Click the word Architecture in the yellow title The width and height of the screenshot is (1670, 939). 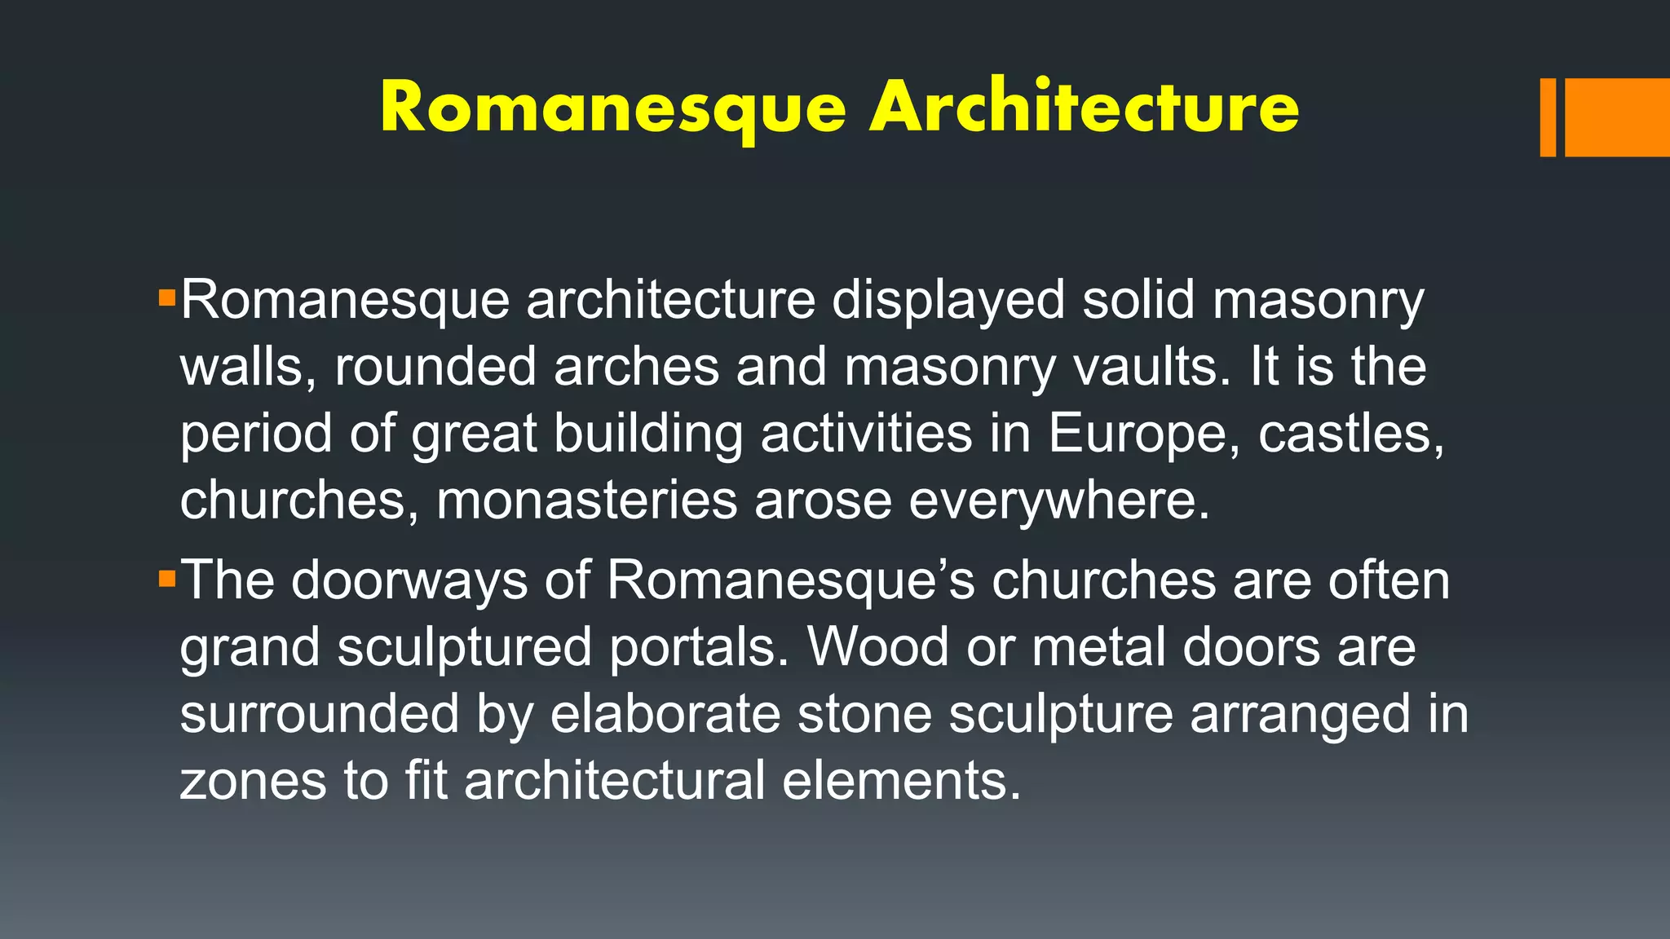point(1084,107)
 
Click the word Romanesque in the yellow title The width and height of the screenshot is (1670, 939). point(613,108)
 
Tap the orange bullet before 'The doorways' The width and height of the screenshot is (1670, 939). point(167,580)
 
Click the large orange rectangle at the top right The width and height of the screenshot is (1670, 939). point(1616,117)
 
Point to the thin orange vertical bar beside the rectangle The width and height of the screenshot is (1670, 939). point(1548,117)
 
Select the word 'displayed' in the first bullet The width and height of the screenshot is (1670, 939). point(948,300)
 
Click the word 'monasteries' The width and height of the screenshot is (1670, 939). point(586,500)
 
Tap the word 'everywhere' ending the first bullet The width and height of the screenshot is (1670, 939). point(1058,500)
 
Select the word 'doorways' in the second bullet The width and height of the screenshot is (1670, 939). point(409,580)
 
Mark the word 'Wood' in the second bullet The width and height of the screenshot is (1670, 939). point(878,647)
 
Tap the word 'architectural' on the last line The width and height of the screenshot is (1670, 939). point(615,781)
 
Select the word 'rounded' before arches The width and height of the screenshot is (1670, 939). point(435,367)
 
